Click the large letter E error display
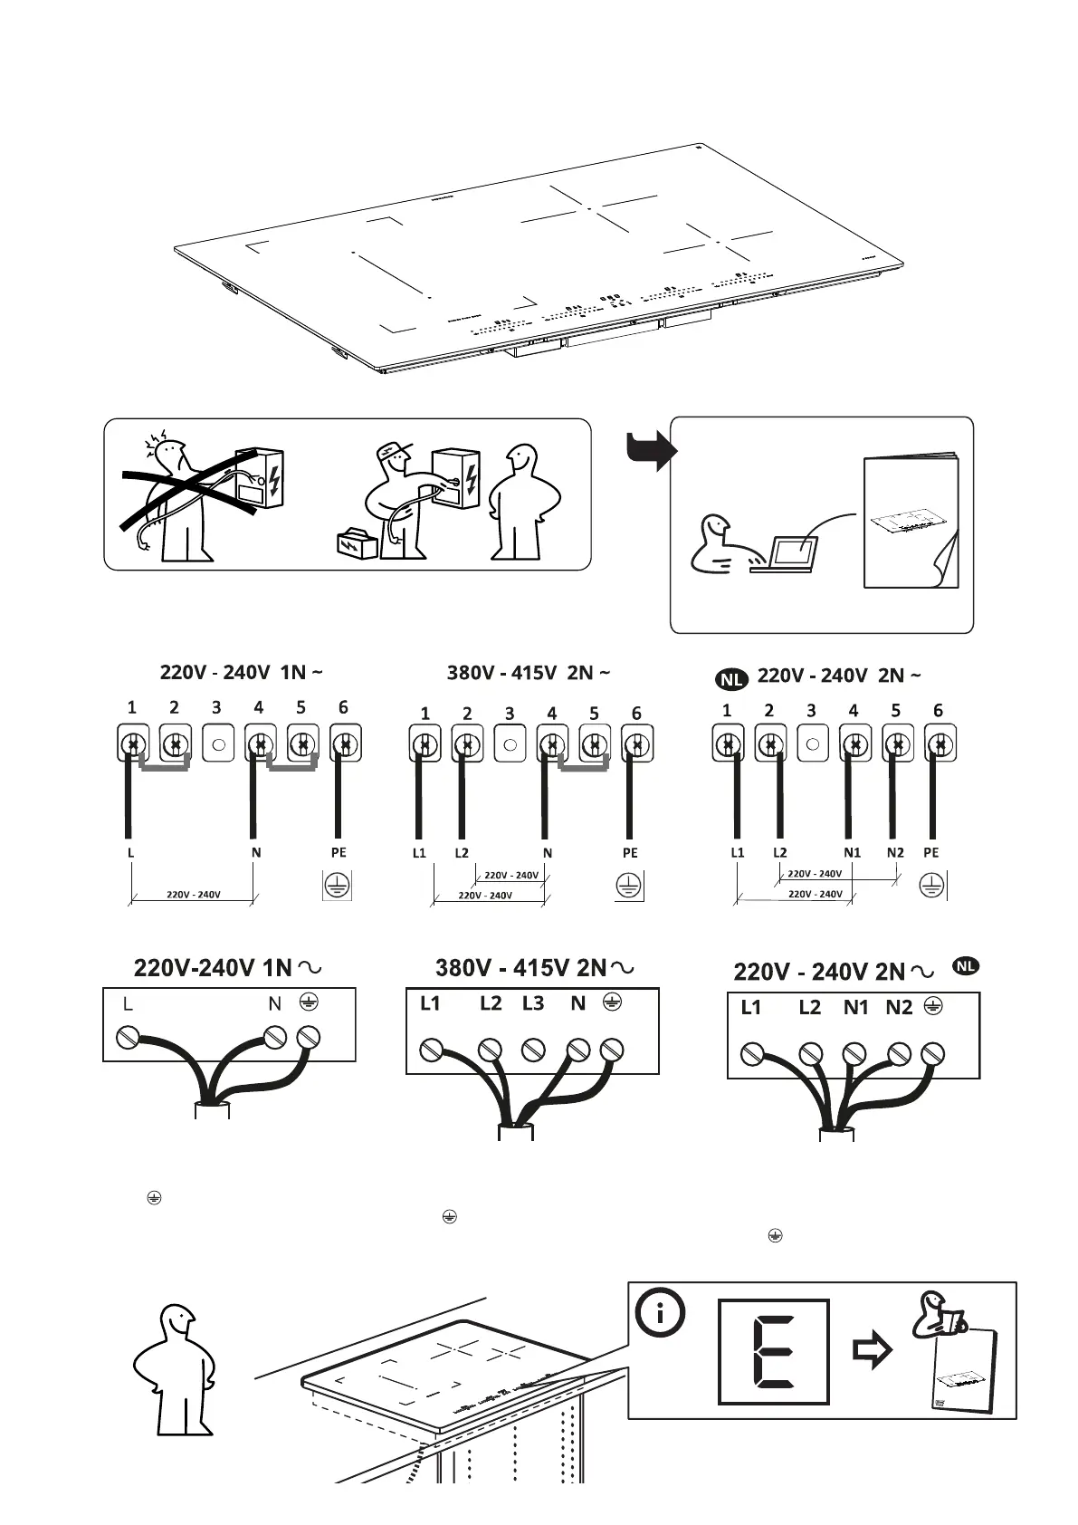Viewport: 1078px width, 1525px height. click(x=773, y=1351)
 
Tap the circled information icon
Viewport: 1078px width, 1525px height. click(x=660, y=1312)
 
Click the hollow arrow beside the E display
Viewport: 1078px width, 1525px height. click(x=873, y=1351)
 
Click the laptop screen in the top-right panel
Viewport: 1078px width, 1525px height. click(x=794, y=553)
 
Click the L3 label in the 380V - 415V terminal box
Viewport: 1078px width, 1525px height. click(x=533, y=1003)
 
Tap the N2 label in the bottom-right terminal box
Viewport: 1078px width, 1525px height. click(x=899, y=1007)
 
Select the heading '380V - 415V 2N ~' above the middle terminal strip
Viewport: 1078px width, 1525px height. click(x=529, y=673)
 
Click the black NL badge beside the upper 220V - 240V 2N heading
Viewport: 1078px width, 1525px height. click(x=731, y=678)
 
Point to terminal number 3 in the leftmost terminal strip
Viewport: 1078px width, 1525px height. click(x=216, y=708)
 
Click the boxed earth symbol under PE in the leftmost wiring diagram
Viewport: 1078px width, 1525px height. click(x=338, y=886)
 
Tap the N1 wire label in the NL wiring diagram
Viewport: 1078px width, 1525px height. click(x=852, y=852)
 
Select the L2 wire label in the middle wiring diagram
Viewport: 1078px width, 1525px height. click(x=462, y=853)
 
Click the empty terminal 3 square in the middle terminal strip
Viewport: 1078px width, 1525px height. click(x=510, y=744)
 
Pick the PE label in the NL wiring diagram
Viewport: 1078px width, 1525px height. click(x=931, y=852)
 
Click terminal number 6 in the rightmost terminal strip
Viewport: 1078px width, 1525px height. click(x=938, y=711)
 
